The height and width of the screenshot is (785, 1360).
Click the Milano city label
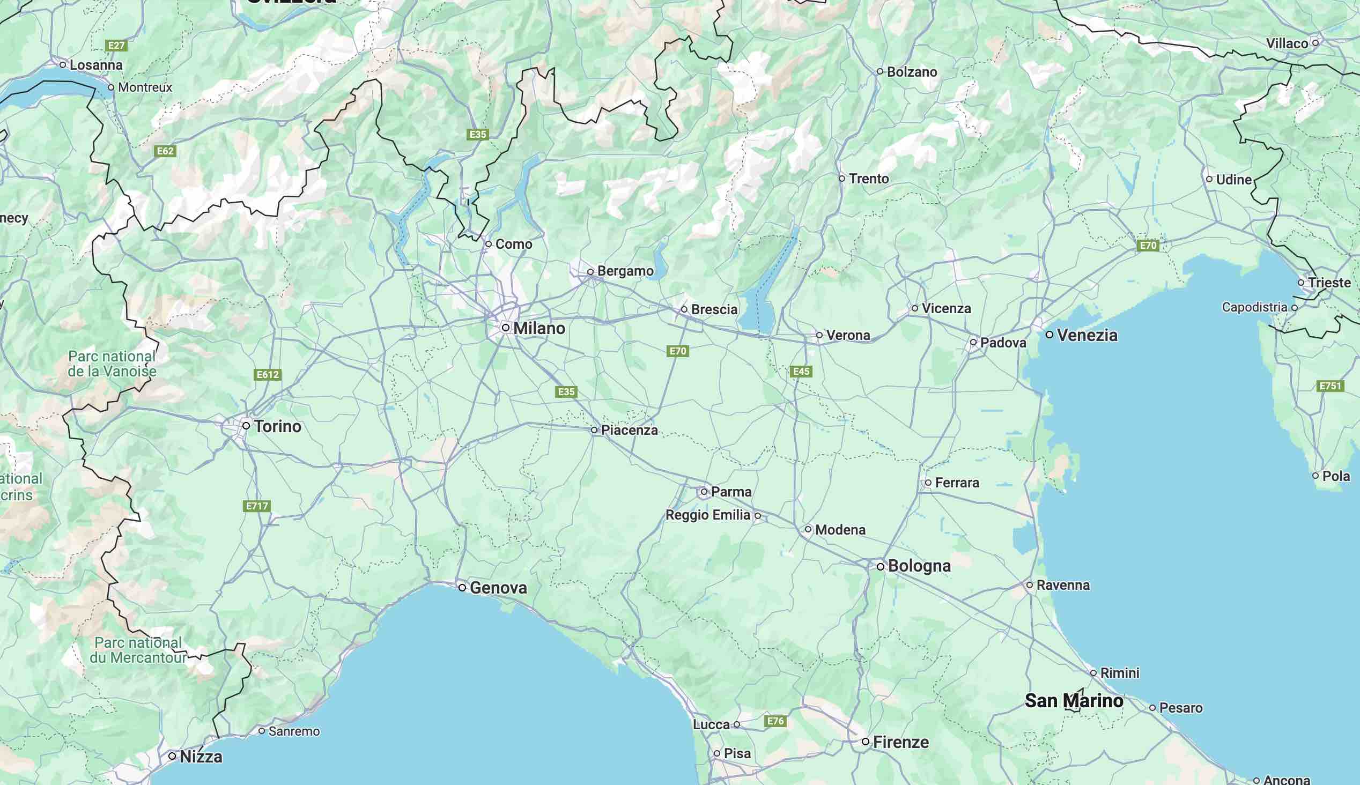[x=538, y=328]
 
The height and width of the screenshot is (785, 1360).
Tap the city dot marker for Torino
[x=246, y=425]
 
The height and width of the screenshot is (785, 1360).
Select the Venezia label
[x=1086, y=335]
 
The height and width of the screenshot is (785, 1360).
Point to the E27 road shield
[x=116, y=45]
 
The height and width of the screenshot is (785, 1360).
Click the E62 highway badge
[x=165, y=151]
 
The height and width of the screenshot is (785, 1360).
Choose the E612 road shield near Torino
[x=268, y=375]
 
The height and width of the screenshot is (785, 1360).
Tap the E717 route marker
[x=256, y=506]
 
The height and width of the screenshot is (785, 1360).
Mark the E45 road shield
[x=801, y=371]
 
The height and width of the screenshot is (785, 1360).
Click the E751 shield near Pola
[x=1330, y=386]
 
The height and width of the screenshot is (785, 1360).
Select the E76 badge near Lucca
[x=775, y=721]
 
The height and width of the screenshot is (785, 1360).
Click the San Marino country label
[x=1074, y=701]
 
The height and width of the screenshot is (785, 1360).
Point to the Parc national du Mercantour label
[x=138, y=650]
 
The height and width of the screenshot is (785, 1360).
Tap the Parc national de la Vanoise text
[x=112, y=364]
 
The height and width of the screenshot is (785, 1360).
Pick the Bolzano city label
[x=912, y=72]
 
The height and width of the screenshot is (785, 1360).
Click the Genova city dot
[x=462, y=587]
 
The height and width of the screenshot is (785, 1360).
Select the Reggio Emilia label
[x=707, y=515]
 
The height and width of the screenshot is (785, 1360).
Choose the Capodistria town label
[x=1254, y=307]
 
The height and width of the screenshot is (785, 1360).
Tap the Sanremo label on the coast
[x=294, y=731]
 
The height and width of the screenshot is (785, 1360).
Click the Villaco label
[x=1287, y=43]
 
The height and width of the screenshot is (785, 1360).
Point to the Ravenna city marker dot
[x=1029, y=585]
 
